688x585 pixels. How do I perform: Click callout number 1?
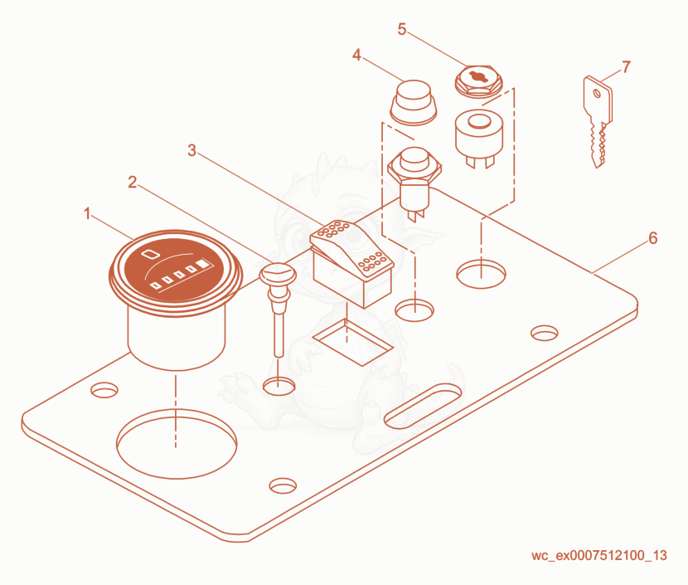pyautogui.click(x=87, y=213)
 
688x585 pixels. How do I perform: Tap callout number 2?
pyautogui.click(x=132, y=182)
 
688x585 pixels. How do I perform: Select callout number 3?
pyautogui.click(x=191, y=150)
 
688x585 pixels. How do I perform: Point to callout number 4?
pyautogui.click(x=356, y=55)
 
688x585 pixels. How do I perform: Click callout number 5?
pyautogui.click(x=402, y=29)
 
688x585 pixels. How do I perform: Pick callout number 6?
pyautogui.click(x=653, y=238)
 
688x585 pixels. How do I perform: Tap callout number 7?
pyautogui.click(x=626, y=66)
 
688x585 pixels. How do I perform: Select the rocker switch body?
pyautogui.click(x=352, y=263)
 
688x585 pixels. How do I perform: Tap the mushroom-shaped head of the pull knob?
pyautogui.click(x=278, y=274)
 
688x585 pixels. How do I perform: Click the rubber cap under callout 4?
pyautogui.click(x=414, y=102)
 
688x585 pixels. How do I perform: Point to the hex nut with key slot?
pyautogui.click(x=478, y=80)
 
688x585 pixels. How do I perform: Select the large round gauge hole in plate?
pyautogui.click(x=177, y=444)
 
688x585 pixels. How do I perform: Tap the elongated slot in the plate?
pyautogui.click(x=423, y=406)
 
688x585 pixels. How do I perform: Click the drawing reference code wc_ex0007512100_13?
pyautogui.click(x=599, y=556)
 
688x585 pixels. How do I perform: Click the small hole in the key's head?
pyautogui.click(x=597, y=93)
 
